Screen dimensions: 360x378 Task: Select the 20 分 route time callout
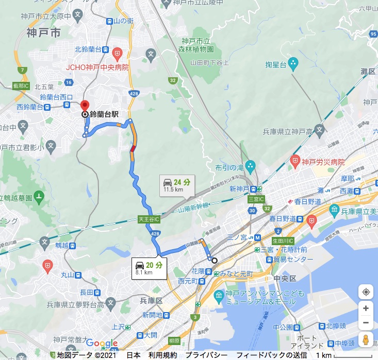pyautogui.click(x=148, y=267)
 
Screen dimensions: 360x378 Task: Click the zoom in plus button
pyautogui.click(x=366, y=308)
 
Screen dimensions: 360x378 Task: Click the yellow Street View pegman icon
pyautogui.click(x=366, y=340)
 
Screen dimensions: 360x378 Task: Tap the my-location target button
pyautogui.click(x=366, y=292)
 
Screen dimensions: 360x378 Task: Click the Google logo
pyautogui.click(x=102, y=344)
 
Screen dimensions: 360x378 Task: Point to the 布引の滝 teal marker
pyautogui.click(x=250, y=166)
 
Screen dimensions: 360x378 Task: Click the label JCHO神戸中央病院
pyautogui.click(x=97, y=67)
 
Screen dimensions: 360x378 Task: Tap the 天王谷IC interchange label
pyautogui.click(x=149, y=219)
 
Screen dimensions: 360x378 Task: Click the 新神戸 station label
pyautogui.click(x=239, y=189)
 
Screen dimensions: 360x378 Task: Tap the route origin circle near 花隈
pyautogui.click(x=214, y=260)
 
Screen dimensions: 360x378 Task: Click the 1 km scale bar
pyautogui.click(x=348, y=355)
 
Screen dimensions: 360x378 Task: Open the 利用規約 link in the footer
pyautogui.click(x=162, y=355)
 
